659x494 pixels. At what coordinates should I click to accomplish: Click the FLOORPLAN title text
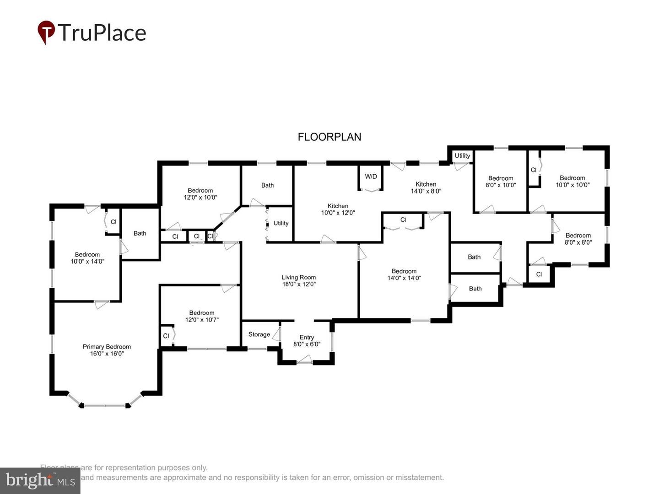(x=329, y=137)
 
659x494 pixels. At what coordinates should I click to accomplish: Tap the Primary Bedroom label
(x=107, y=350)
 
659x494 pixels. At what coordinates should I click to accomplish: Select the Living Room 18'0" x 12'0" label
(x=298, y=280)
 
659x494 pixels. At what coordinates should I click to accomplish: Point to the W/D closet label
(x=371, y=177)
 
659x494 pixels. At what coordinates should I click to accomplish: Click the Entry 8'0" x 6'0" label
(x=307, y=341)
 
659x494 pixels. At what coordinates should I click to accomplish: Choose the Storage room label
(x=259, y=334)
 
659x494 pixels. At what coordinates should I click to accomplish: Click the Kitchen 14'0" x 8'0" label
(x=426, y=188)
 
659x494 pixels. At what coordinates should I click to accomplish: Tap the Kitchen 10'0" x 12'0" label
(x=338, y=209)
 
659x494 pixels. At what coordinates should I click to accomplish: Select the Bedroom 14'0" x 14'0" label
(x=404, y=274)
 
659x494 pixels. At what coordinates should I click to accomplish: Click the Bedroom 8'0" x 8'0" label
(x=578, y=239)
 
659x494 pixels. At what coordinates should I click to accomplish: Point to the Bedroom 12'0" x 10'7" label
(x=202, y=316)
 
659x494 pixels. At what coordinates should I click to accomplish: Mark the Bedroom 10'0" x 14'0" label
(x=87, y=258)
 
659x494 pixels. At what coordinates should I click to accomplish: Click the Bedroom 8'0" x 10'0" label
(x=501, y=182)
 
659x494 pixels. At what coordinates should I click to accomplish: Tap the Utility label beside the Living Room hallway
(x=281, y=223)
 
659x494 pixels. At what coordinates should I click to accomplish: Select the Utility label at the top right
(x=462, y=156)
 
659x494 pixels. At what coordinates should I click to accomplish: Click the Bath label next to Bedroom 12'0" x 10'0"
(x=268, y=185)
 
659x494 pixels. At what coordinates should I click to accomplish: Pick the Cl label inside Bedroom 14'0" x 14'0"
(x=403, y=220)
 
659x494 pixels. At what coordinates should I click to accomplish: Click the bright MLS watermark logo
(x=40, y=480)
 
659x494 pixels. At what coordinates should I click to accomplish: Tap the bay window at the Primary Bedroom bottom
(x=105, y=405)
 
